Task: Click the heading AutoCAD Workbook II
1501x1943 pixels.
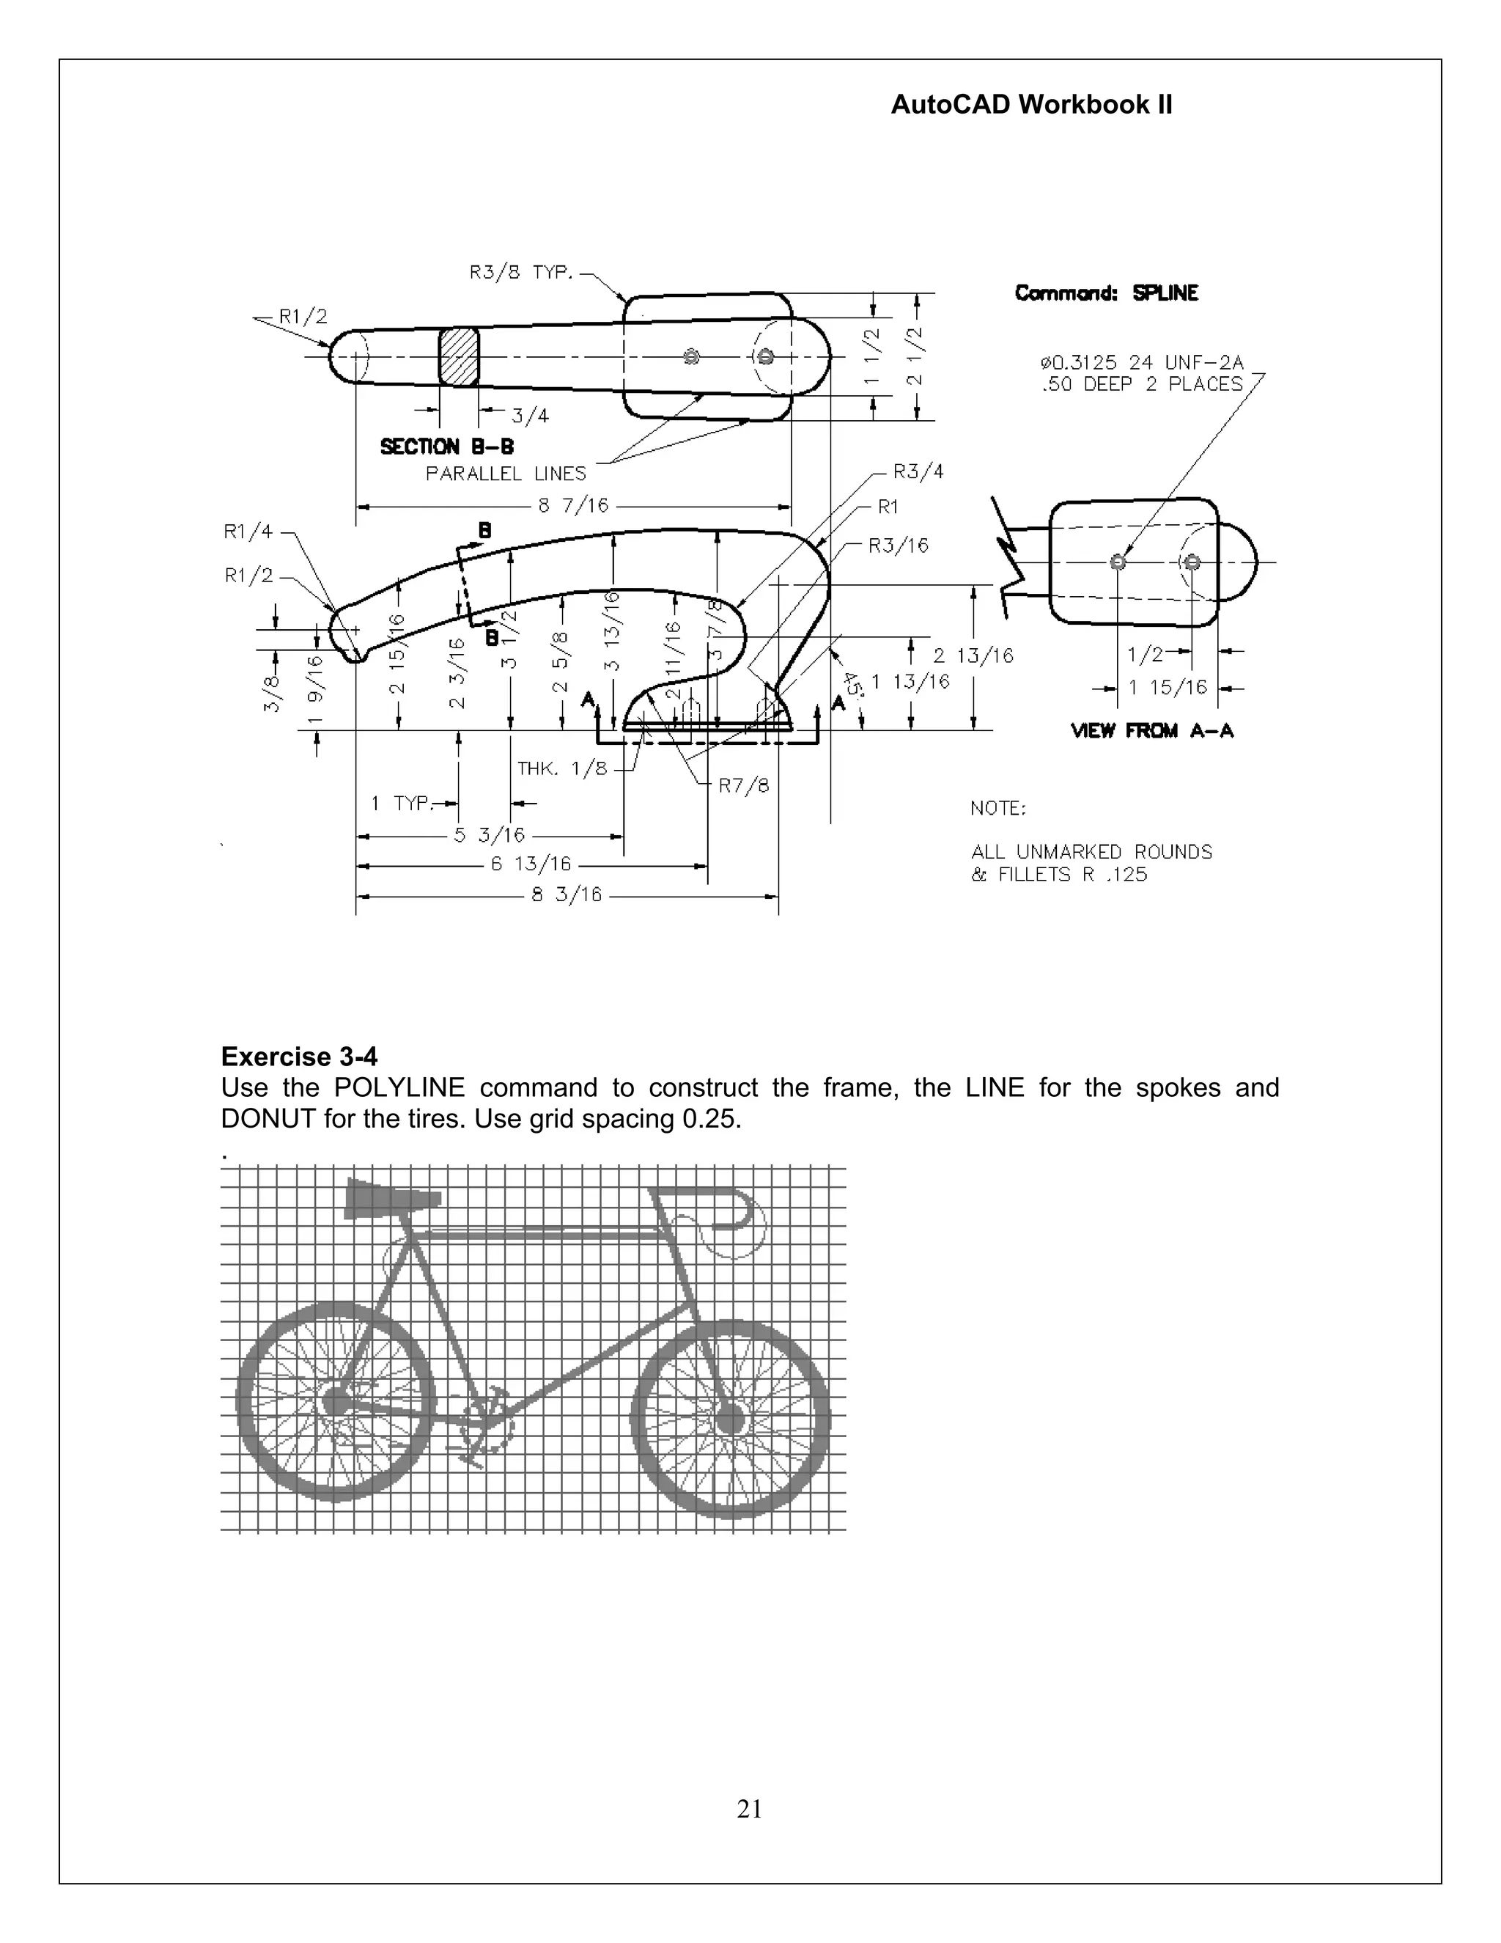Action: coord(1030,105)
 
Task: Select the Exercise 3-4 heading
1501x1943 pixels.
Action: coord(299,1057)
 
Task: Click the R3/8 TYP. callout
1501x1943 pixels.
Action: coord(521,272)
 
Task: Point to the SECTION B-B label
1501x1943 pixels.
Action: coord(446,447)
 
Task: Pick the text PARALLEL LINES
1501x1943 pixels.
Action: coord(506,474)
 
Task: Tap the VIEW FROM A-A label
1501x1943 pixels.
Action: coord(1152,731)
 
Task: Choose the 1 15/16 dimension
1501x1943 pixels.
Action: coord(1168,688)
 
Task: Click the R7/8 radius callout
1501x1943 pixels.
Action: coord(743,785)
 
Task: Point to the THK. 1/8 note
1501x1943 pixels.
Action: coord(563,768)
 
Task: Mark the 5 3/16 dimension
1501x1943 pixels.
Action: coord(490,835)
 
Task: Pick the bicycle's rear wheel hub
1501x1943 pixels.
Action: coord(336,1402)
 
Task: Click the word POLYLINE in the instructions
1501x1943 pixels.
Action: coord(399,1088)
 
